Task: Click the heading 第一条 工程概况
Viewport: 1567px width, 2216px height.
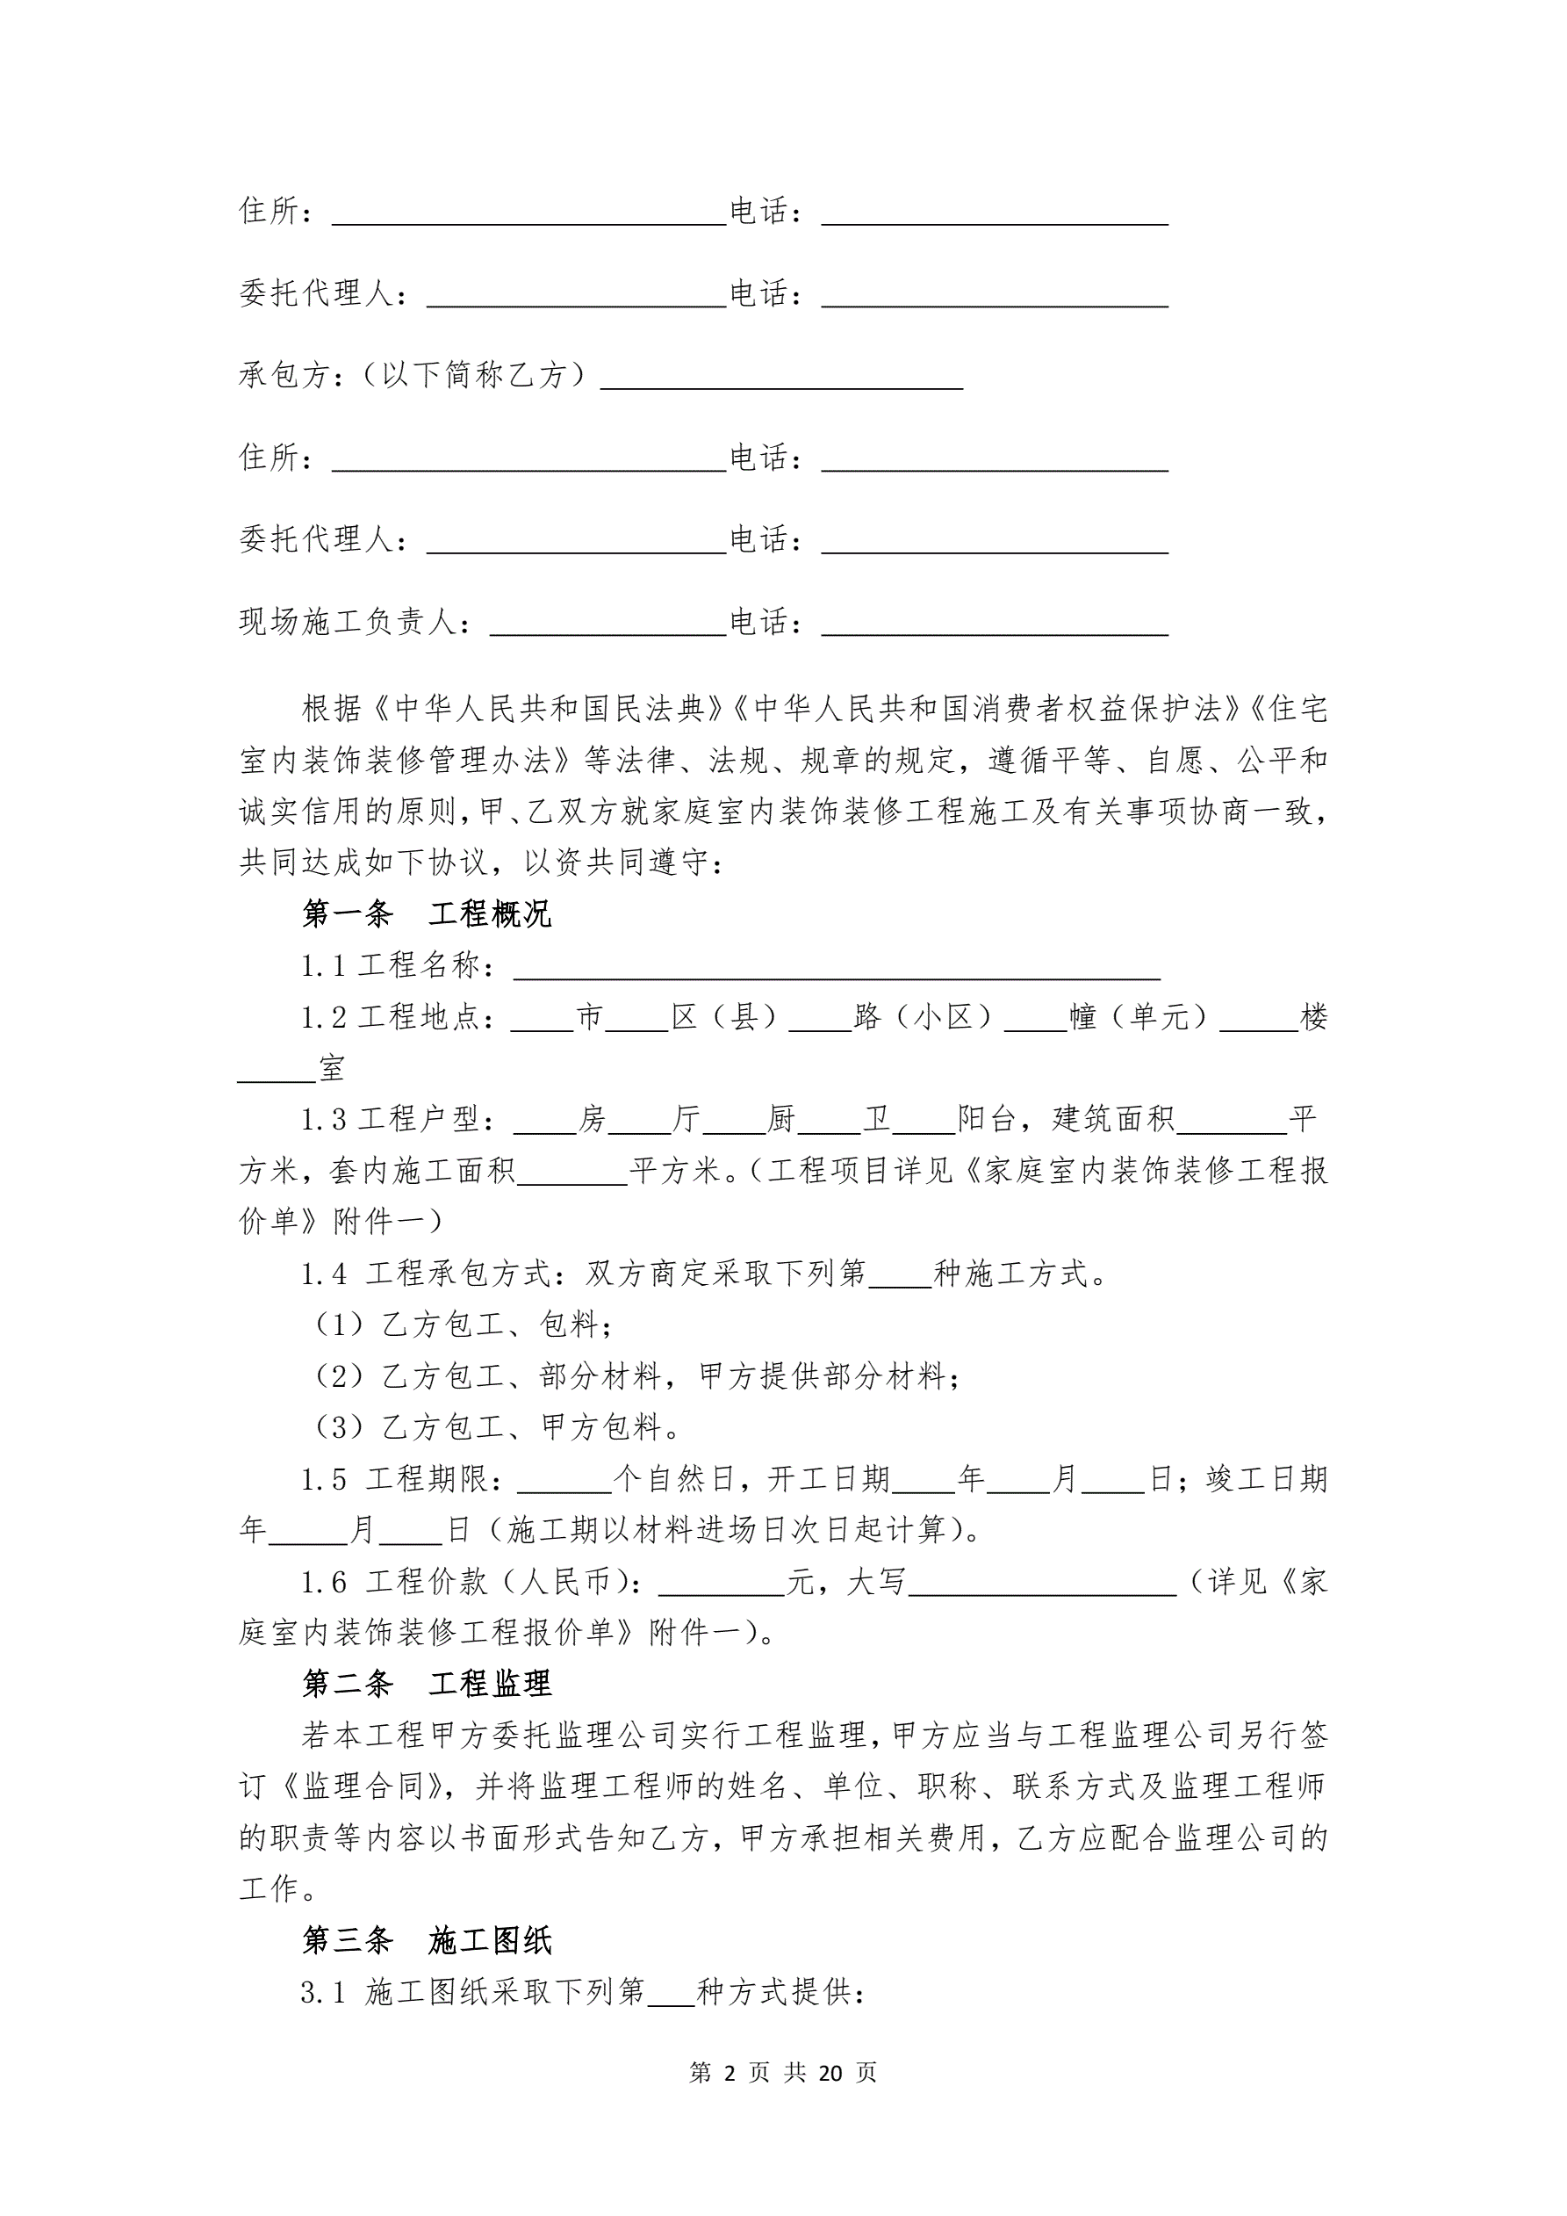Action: (427, 914)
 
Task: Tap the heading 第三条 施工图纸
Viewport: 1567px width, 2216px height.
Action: (427, 1941)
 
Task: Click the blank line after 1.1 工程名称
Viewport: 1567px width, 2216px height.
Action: (836, 969)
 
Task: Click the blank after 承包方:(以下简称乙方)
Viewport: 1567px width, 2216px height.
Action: (781, 379)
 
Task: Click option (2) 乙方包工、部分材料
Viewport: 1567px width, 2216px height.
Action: (636, 1375)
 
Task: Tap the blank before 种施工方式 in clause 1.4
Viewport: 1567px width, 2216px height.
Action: (900, 1278)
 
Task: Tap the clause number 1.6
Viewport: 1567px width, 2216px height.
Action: (323, 1582)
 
